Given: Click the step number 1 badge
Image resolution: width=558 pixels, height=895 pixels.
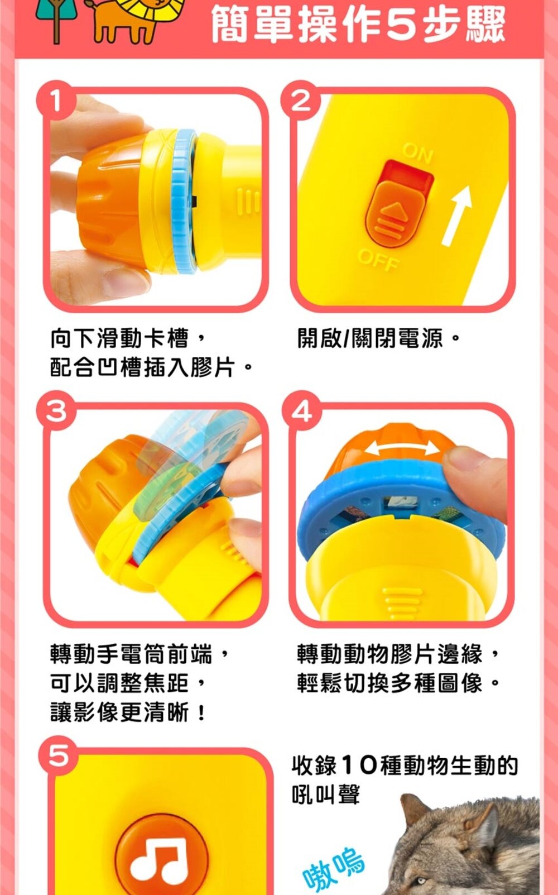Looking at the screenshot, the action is [x=56, y=100].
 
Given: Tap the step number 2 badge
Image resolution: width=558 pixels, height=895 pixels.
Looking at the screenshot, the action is [x=301, y=100].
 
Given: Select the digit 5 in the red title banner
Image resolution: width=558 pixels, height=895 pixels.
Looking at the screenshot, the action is [x=402, y=26].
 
